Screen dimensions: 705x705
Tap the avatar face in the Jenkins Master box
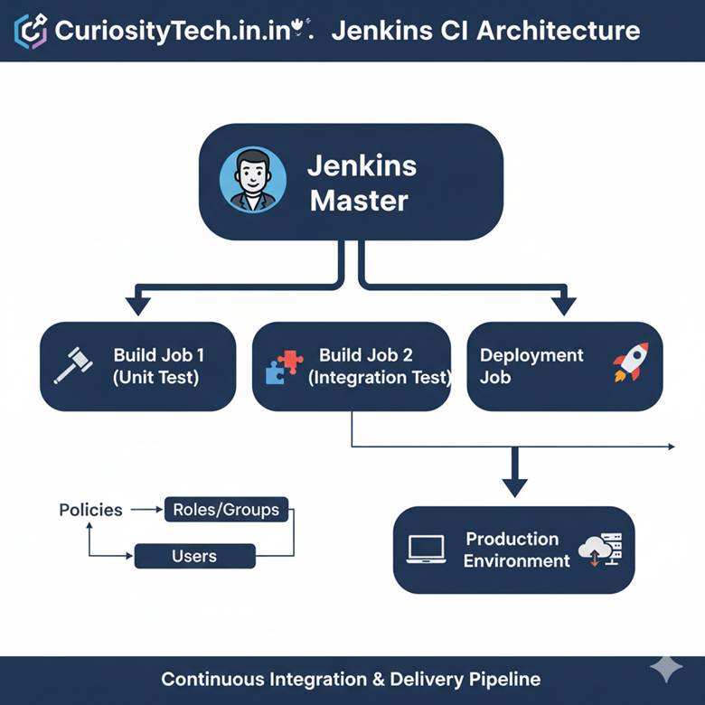pos(253,180)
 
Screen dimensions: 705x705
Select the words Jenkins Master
pos(361,183)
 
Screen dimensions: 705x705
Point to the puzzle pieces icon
pos(284,366)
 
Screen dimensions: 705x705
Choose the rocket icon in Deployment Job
pos(630,362)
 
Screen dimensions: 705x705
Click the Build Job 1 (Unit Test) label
pos(156,366)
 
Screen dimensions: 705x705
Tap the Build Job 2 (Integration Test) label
pos(379,366)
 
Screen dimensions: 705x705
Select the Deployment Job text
pos(531,366)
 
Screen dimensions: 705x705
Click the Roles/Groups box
pos(227,510)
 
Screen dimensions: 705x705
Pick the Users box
pos(194,556)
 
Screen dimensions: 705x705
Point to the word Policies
pos(90,510)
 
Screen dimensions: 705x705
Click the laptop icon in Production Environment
pos(426,550)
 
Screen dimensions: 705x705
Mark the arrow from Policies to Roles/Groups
pos(146,510)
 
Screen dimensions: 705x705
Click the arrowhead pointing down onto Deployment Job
pos(564,305)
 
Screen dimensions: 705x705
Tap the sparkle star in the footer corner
pos(666,668)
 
